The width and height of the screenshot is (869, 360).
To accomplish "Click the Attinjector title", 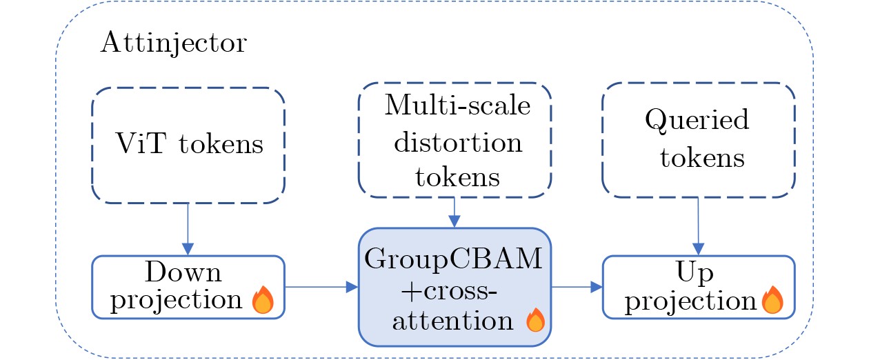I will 173,44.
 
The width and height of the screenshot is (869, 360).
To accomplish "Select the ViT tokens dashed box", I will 188,145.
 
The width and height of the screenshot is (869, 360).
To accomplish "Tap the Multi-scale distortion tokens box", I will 454,141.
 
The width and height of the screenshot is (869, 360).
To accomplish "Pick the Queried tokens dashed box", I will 698,140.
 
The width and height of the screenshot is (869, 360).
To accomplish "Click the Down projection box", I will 188,287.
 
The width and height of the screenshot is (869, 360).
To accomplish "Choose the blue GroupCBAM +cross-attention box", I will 454,287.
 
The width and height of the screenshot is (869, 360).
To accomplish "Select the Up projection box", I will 698,287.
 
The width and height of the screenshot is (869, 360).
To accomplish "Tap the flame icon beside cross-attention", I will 535,320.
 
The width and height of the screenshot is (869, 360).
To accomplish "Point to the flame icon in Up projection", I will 772,301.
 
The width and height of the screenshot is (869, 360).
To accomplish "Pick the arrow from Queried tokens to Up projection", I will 698,227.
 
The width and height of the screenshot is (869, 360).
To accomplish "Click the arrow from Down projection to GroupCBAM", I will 321,287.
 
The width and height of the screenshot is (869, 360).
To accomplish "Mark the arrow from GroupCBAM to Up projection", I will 577,287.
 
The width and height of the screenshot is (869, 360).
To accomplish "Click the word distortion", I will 454,143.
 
